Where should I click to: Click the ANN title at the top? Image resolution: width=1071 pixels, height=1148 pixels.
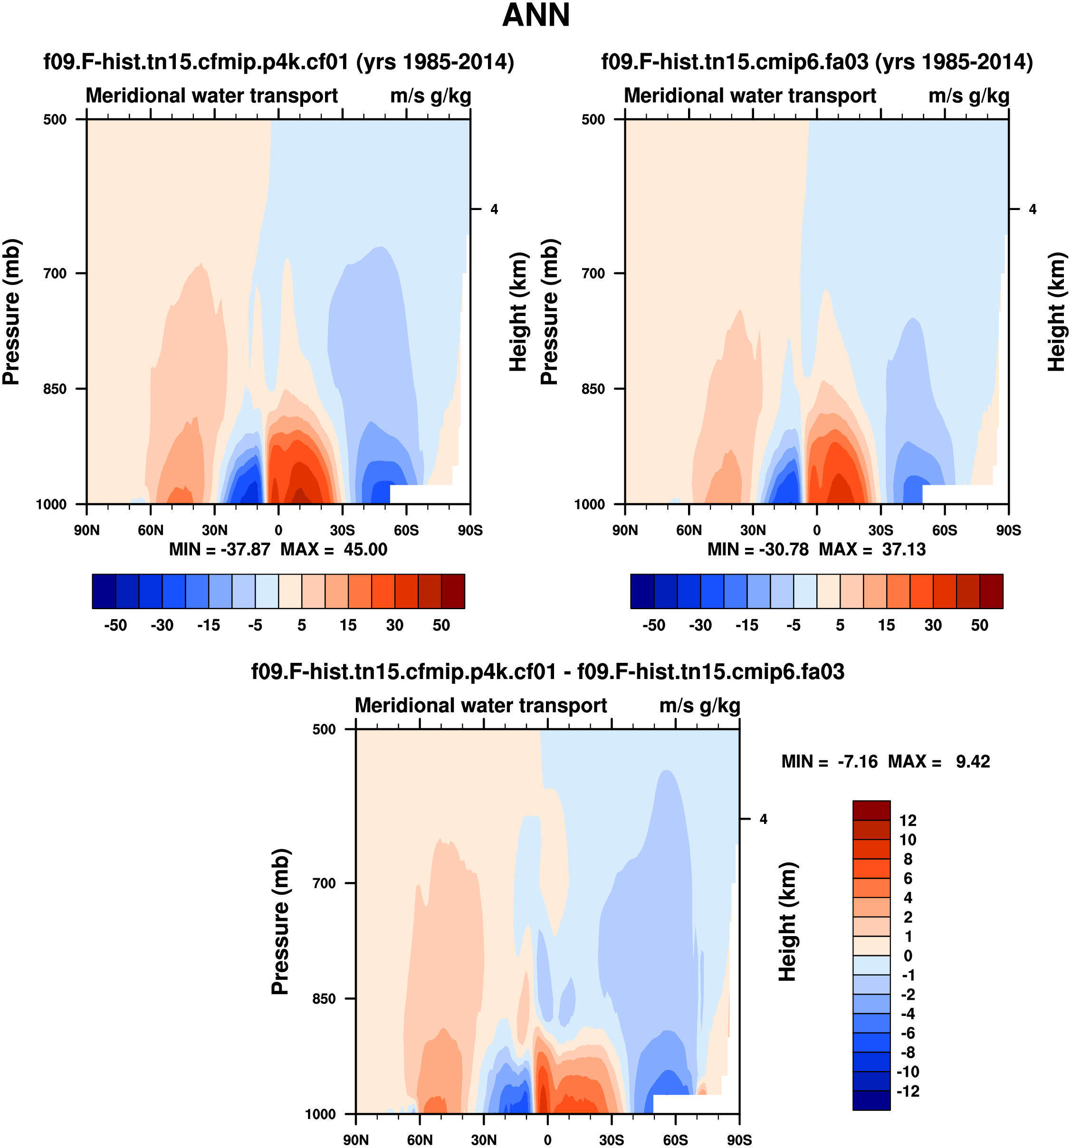[x=536, y=16]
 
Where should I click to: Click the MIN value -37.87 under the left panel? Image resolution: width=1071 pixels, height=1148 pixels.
[x=245, y=549]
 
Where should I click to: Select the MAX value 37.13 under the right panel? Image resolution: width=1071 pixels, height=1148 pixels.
[x=904, y=549]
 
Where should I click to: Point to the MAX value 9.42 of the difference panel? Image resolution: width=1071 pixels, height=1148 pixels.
[x=973, y=762]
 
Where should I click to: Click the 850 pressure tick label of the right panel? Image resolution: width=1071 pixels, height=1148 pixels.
[x=593, y=389]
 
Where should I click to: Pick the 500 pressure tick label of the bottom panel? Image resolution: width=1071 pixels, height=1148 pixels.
[x=324, y=729]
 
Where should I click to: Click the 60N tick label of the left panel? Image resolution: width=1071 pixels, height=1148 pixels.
[x=151, y=530]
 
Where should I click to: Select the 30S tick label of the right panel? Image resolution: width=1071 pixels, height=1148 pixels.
[x=880, y=530]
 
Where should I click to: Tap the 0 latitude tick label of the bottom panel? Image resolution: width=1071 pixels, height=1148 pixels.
[x=547, y=1140]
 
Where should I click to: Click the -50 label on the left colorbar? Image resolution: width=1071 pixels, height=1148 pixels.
[x=115, y=625]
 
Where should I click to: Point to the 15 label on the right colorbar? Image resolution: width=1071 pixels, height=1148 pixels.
[x=886, y=625]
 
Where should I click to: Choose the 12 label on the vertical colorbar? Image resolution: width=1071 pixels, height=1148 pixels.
[x=908, y=821]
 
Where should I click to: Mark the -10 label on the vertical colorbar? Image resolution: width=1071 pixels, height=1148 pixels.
[x=908, y=1072]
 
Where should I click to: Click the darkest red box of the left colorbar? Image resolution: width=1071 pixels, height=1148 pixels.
[x=453, y=591]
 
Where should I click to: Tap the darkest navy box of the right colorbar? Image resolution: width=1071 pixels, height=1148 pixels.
[x=642, y=591]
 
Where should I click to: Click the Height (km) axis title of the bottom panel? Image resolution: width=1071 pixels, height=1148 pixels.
[x=787, y=922]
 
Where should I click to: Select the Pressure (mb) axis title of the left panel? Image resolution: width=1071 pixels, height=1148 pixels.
[x=11, y=312]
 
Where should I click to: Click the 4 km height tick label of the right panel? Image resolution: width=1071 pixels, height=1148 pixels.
[x=1033, y=209]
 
